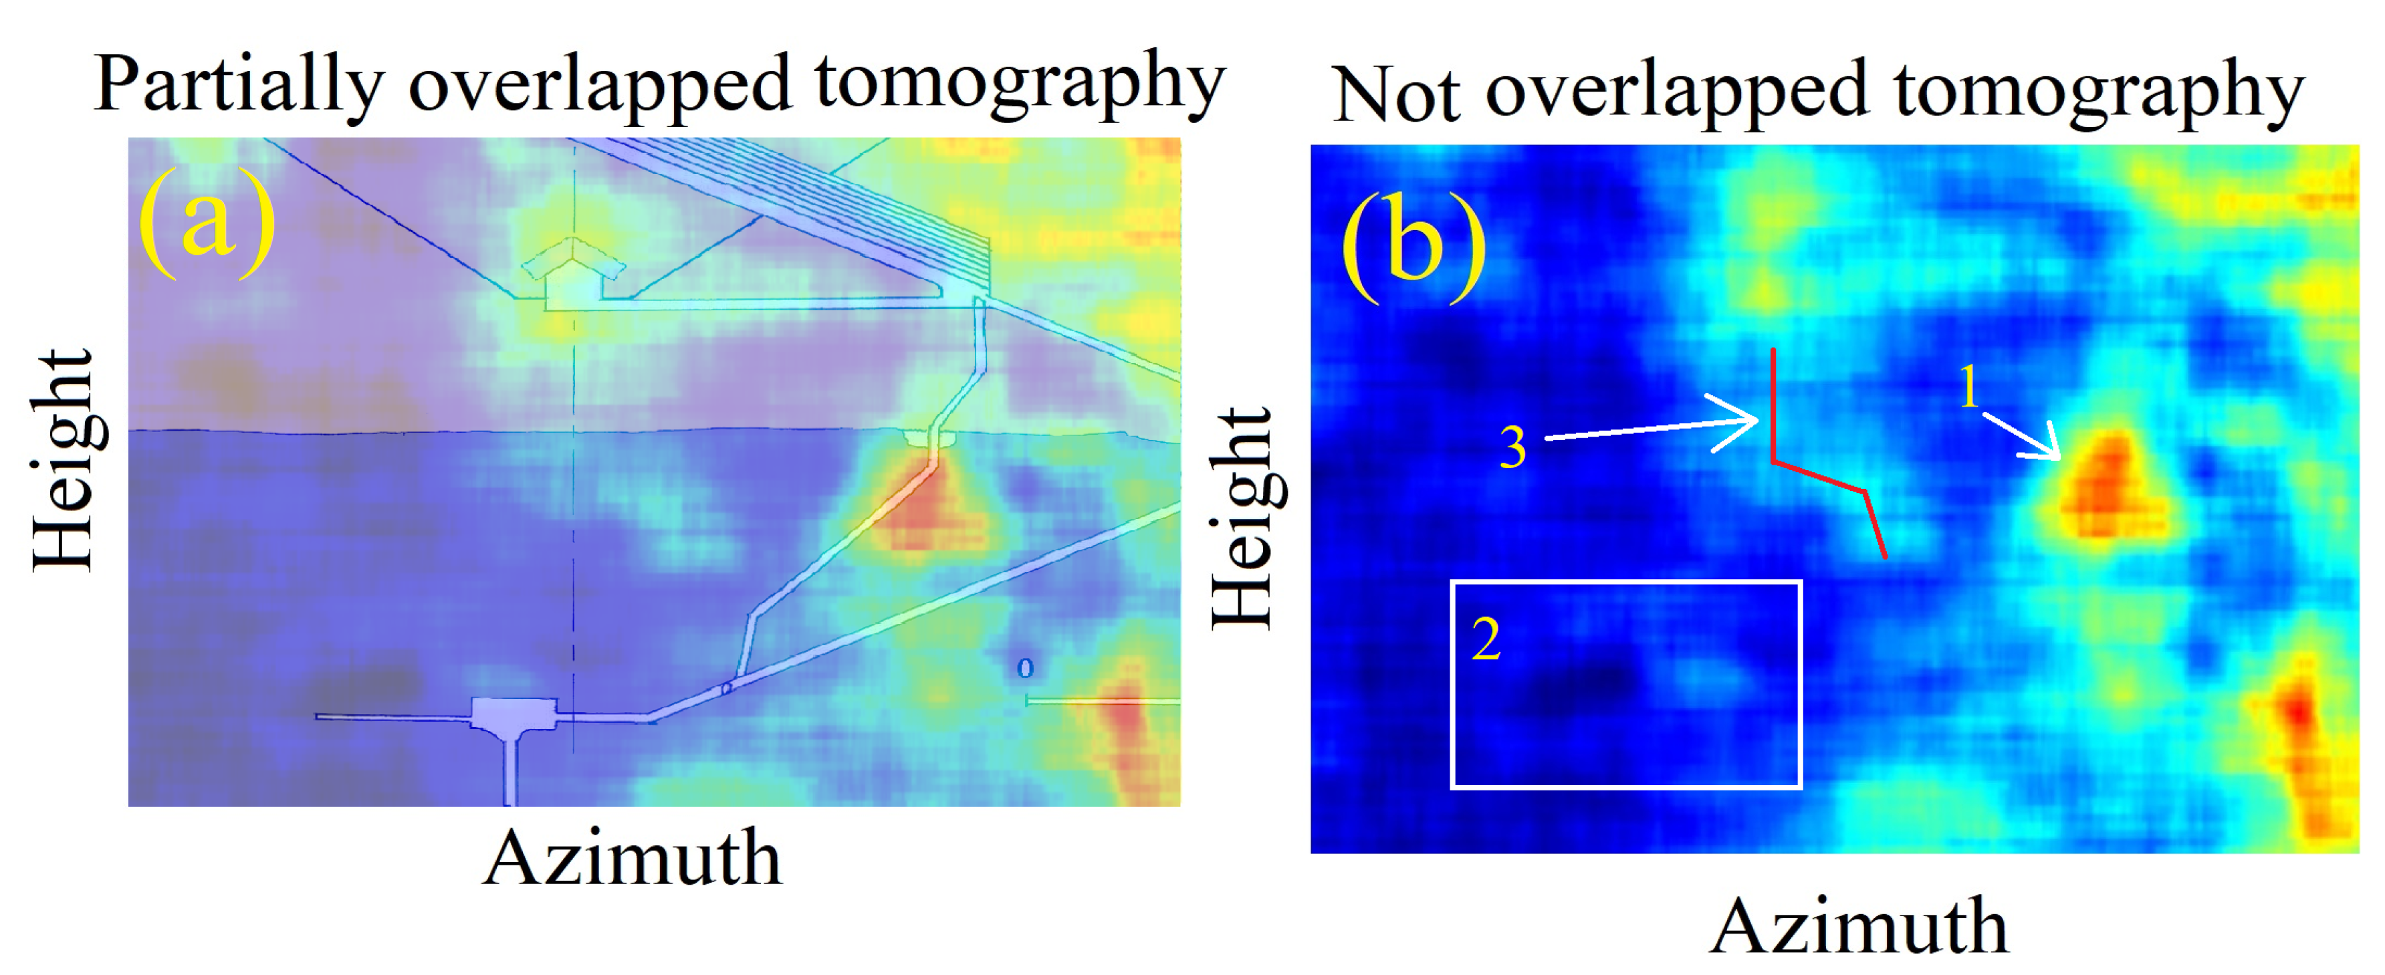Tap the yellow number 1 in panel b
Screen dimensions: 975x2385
[1969, 387]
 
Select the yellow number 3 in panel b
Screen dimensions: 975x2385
[1513, 448]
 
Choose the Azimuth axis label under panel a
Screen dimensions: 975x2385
[633, 859]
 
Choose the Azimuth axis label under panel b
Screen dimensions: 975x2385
[1858, 926]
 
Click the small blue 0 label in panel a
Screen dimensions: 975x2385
[1024, 667]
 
